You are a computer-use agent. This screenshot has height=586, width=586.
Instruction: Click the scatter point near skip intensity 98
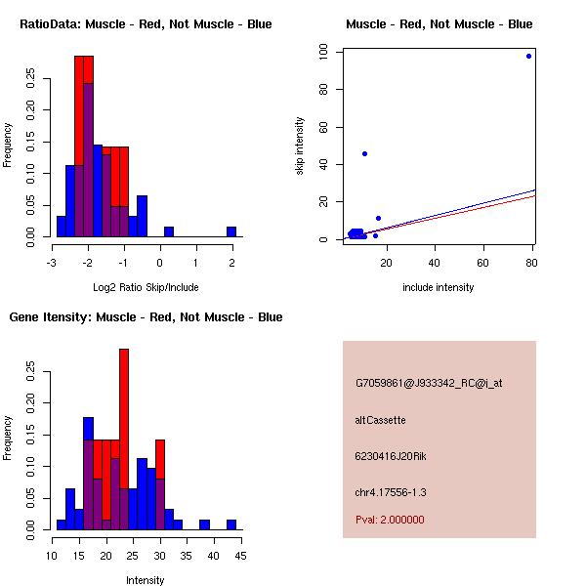[x=528, y=56]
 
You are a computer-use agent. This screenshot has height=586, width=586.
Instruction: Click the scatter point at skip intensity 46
[x=364, y=153]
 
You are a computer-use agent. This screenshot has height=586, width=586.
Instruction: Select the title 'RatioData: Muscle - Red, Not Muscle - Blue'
[x=146, y=24]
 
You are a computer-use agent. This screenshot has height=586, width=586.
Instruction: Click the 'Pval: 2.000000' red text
[x=390, y=520]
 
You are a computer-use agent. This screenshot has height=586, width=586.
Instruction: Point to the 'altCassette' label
[x=380, y=420]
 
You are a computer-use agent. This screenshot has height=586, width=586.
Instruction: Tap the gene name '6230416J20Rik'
[x=388, y=456]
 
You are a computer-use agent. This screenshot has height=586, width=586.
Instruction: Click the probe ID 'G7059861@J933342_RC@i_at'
[x=429, y=384]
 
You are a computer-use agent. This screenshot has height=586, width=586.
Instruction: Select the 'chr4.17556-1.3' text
[x=391, y=491]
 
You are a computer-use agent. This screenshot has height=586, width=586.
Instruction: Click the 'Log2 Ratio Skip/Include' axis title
[x=146, y=286]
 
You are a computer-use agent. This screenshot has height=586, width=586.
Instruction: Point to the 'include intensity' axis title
[x=439, y=287]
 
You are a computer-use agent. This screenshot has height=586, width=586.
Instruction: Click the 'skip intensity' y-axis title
[x=301, y=146]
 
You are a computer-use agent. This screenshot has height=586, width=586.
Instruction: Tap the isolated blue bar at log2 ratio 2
[x=231, y=231]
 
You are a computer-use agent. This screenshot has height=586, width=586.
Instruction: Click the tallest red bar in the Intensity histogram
[x=124, y=439]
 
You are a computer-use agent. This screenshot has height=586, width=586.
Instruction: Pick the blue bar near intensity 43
[x=231, y=524]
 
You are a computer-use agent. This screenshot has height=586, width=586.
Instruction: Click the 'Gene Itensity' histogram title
[x=146, y=317]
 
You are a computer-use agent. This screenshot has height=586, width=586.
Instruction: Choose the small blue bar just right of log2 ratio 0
[x=169, y=231]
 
